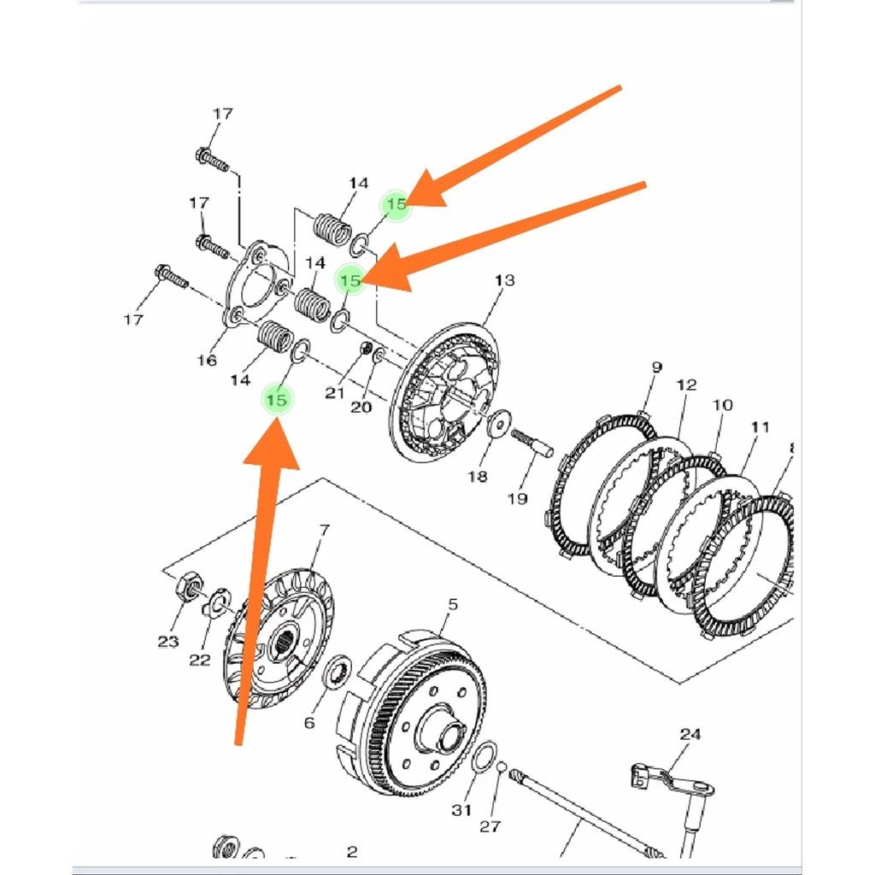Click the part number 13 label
[505, 280]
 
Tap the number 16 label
[207, 360]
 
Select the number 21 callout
[334, 393]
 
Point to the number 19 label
[517, 498]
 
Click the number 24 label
[690, 734]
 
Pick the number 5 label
[453, 605]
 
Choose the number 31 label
[462, 810]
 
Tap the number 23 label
[168, 641]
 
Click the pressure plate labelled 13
[444, 393]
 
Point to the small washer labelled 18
[496, 423]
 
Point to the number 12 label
[687, 385]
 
